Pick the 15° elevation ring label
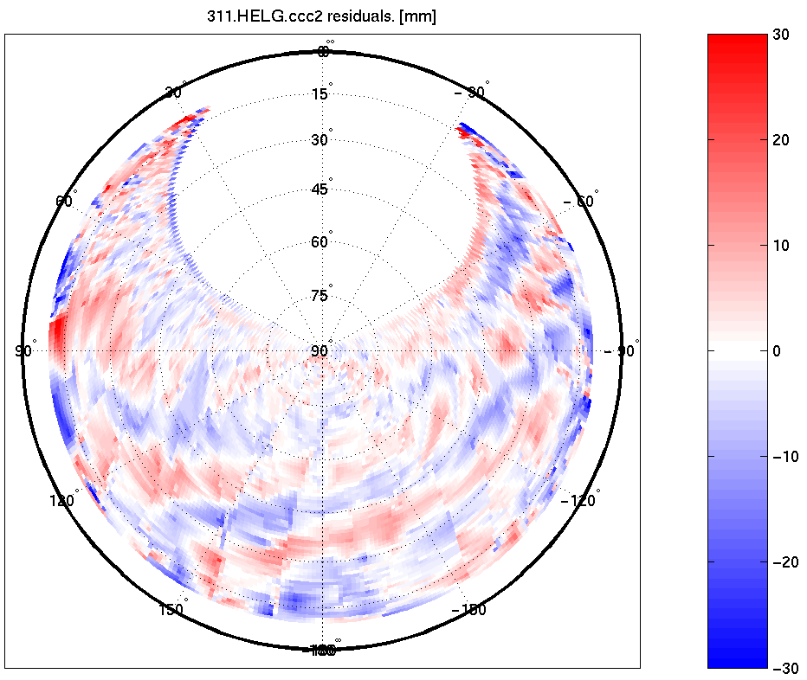(x=320, y=93)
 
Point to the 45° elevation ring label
(x=320, y=189)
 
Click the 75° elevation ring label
(x=320, y=296)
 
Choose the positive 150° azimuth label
(x=171, y=609)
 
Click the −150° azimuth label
(x=470, y=610)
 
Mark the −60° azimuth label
(x=581, y=202)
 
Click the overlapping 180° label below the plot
(x=323, y=650)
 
